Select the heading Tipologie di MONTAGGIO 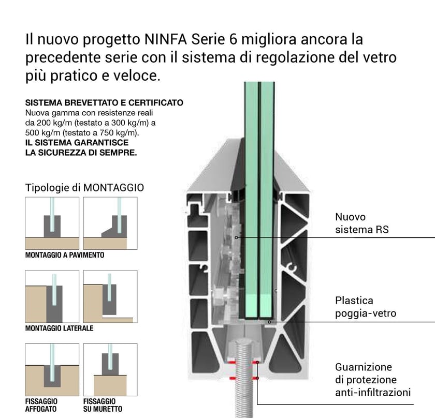point(84,187)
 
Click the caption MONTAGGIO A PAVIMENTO point(65,255)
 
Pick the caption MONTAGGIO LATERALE point(59,328)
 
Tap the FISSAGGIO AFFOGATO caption point(41,405)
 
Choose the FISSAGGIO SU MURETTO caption point(103,405)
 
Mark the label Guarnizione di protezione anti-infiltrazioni point(373,380)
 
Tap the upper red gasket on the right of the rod point(256,363)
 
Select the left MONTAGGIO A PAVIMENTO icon point(52,223)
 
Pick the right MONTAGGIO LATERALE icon point(110,296)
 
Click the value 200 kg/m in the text point(56,123)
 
